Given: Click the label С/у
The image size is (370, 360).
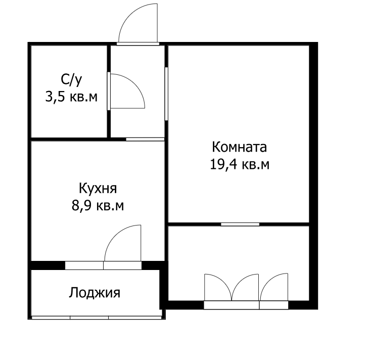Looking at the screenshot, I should pyautogui.click(x=71, y=79).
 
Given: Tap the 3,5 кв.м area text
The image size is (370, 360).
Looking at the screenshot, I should pyautogui.click(x=71, y=97).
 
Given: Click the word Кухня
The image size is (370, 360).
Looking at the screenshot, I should pyautogui.click(x=98, y=189).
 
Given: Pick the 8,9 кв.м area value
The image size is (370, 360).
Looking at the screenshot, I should pyautogui.click(x=98, y=206).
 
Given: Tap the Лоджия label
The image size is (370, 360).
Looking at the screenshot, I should pyautogui.click(x=95, y=293).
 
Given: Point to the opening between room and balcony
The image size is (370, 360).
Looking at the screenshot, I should pyautogui.click(x=240, y=223).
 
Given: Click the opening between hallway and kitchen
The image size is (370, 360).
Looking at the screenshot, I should pyautogui.click(x=145, y=139).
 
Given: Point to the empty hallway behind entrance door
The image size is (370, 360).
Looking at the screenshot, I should pyautogui.click(x=137, y=121).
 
